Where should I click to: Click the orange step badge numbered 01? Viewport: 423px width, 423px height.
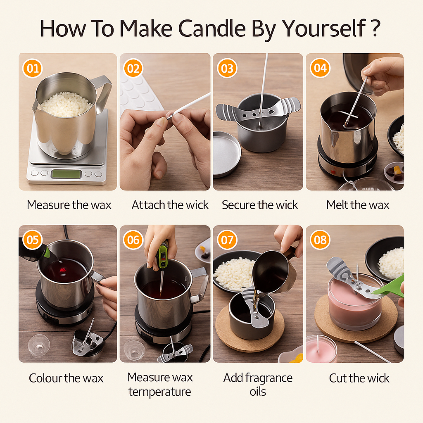point(33,68)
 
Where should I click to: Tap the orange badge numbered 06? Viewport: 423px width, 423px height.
point(133,240)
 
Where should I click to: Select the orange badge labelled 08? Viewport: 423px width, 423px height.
point(320,240)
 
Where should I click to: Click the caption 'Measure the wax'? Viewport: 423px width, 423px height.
point(69,205)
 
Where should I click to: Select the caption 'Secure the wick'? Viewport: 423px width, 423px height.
point(260,205)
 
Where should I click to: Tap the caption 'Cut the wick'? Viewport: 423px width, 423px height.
point(359,378)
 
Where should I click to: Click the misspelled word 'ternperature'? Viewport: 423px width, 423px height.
point(159,392)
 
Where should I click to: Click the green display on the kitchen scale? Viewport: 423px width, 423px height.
point(66,174)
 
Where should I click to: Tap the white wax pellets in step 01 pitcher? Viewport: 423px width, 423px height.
point(66,103)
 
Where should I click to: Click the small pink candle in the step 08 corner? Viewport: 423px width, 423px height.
point(320,349)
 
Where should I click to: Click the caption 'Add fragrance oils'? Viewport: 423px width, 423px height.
point(258,384)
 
